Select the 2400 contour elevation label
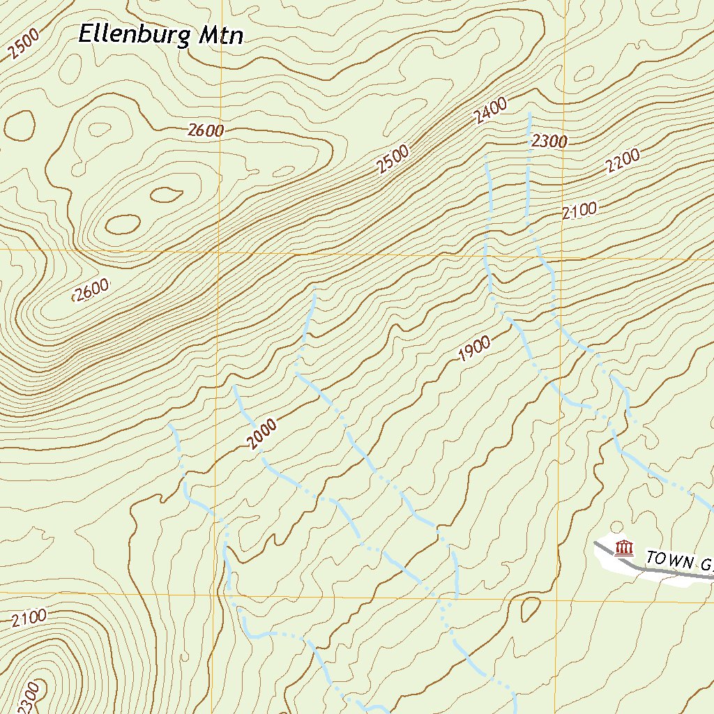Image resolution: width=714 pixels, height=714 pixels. (490, 112)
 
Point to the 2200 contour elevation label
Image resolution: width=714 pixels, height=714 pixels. (623, 162)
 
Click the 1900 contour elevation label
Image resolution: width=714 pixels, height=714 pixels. (475, 349)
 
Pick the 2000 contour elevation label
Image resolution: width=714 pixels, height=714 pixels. (262, 435)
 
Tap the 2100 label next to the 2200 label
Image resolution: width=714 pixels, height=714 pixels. (579, 209)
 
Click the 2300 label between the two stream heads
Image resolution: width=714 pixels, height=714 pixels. (549, 142)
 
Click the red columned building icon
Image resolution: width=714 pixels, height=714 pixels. (625, 548)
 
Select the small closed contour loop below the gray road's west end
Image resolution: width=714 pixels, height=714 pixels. (531, 609)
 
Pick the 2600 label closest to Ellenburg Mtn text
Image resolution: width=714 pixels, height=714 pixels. (206, 130)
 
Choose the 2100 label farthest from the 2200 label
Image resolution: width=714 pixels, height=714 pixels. (29, 616)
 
